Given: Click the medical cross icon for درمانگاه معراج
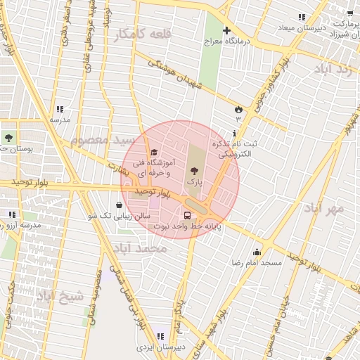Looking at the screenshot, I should click(x=226, y=30).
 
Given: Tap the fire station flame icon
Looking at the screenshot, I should click(x=238, y=109).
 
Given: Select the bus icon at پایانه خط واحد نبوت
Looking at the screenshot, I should click(x=188, y=215).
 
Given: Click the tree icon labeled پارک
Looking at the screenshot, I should click(x=194, y=171).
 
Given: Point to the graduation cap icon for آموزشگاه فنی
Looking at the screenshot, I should click(x=153, y=152).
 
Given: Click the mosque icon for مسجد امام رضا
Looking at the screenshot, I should click(x=257, y=252).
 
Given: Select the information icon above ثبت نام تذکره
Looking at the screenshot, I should click(x=234, y=132).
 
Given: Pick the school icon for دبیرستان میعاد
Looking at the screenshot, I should click(x=301, y=17).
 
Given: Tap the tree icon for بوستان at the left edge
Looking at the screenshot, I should click(x=8, y=139).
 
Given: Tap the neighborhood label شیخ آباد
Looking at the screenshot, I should click(x=60, y=295).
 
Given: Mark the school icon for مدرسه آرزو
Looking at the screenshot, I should click(x=12, y=214).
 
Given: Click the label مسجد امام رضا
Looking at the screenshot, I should click(x=257, y=263).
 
